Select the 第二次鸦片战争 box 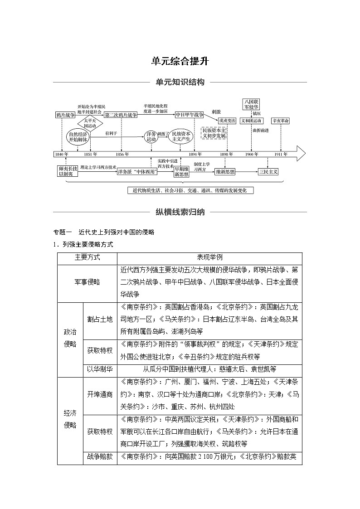click(121, 115)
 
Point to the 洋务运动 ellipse click(151, 136)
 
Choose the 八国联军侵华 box click(251, 104)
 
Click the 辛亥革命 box click(281, 121)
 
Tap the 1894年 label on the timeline click(195, 154)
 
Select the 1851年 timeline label click(91, 154)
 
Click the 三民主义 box click(268, 172)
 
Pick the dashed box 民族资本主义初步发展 click(214, 132)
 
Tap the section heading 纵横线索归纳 click(180, 212)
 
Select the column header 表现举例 click(209, 257)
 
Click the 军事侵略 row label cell click(87, 282)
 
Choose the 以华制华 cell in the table click(100, 369)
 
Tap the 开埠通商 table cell click(100, 394)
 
